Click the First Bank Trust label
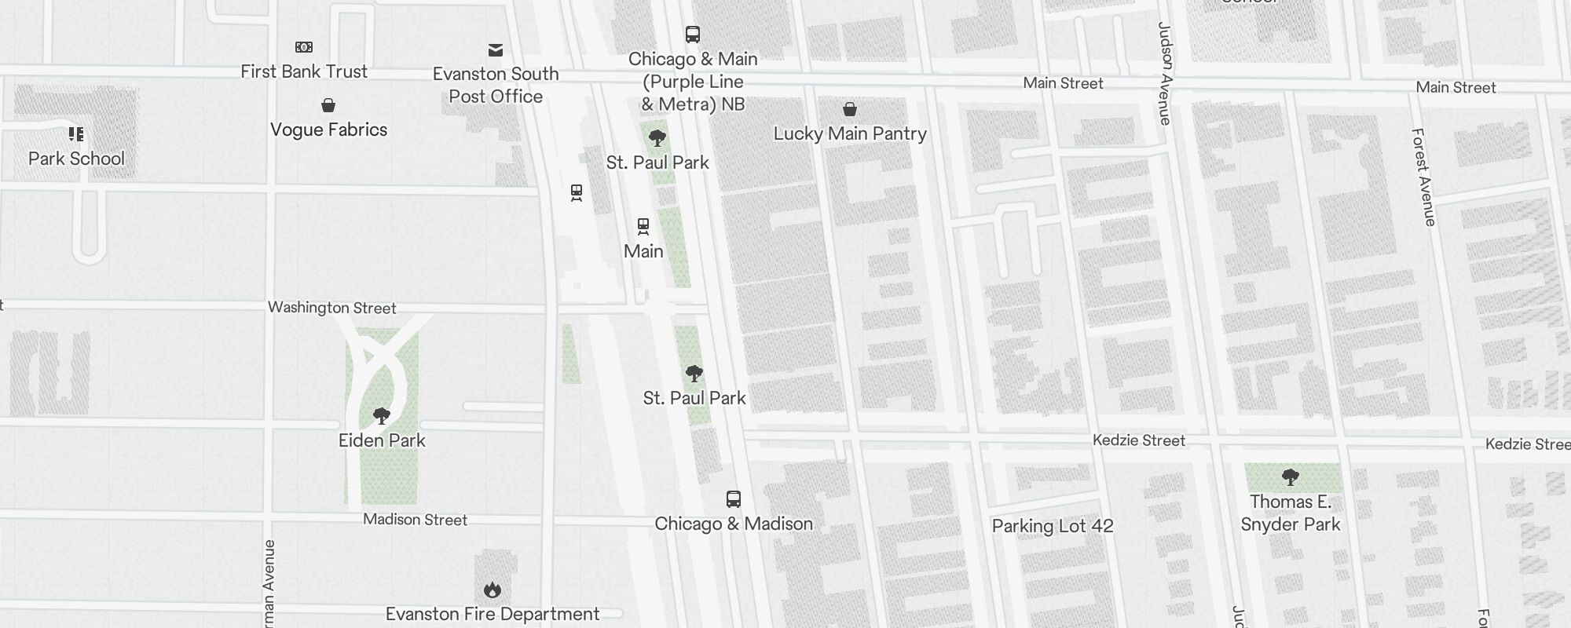pyautogui.click(x=304, y=71)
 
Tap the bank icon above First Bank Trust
pyautogui.click(x=304, y=47)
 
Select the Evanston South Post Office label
pyautogui.click(x=496, y=85)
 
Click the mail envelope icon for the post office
pyautogui.click(x=496, y=50)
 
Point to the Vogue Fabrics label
pyautogui.click(x=328, y=130)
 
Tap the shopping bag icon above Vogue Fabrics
pyautogui.click(x=328, y=105)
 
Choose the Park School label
pyautogui.click(x=76, y=159)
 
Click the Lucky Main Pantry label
pyautogui.click(x=850, y=133)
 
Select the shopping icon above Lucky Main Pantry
pyautogui.click(x=850, y=109)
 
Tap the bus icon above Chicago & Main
pyautogui.click(x=692, y=35)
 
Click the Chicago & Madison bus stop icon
pyautogui.click(x=733, y=499)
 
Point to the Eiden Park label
pyautogui.click(x=382, y=440)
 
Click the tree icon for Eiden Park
pyautogui.click(x=382, y=415)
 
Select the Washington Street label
pyautogui.click(x=332, y=308)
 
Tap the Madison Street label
pyautogui.click(x=415, y=520)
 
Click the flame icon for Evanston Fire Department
pyautogui.click(x=493, y=590)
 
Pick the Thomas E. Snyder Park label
pyautogui.click(x=1291, y=513)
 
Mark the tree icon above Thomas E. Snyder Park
pyautogui.click(x=1290, y=476)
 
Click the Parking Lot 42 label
pyautogui.click(x=1053, y=526)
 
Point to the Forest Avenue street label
pyautogui.click(x=1423, y=177)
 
